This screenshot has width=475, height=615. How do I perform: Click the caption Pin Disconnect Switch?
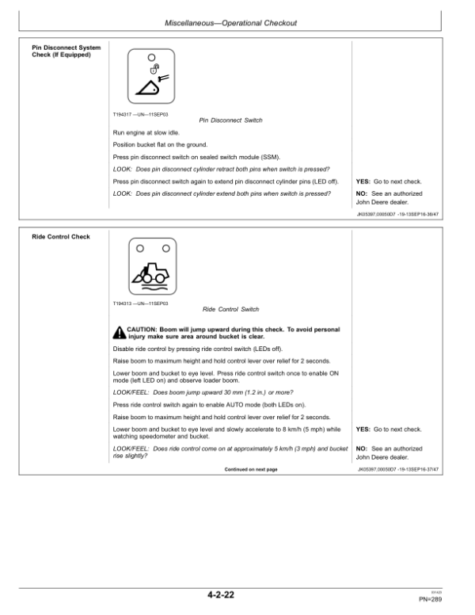pos(230,120)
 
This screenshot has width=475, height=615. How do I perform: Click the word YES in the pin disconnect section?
pos(364,181)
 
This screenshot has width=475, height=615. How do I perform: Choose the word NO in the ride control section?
pos(363,449)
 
